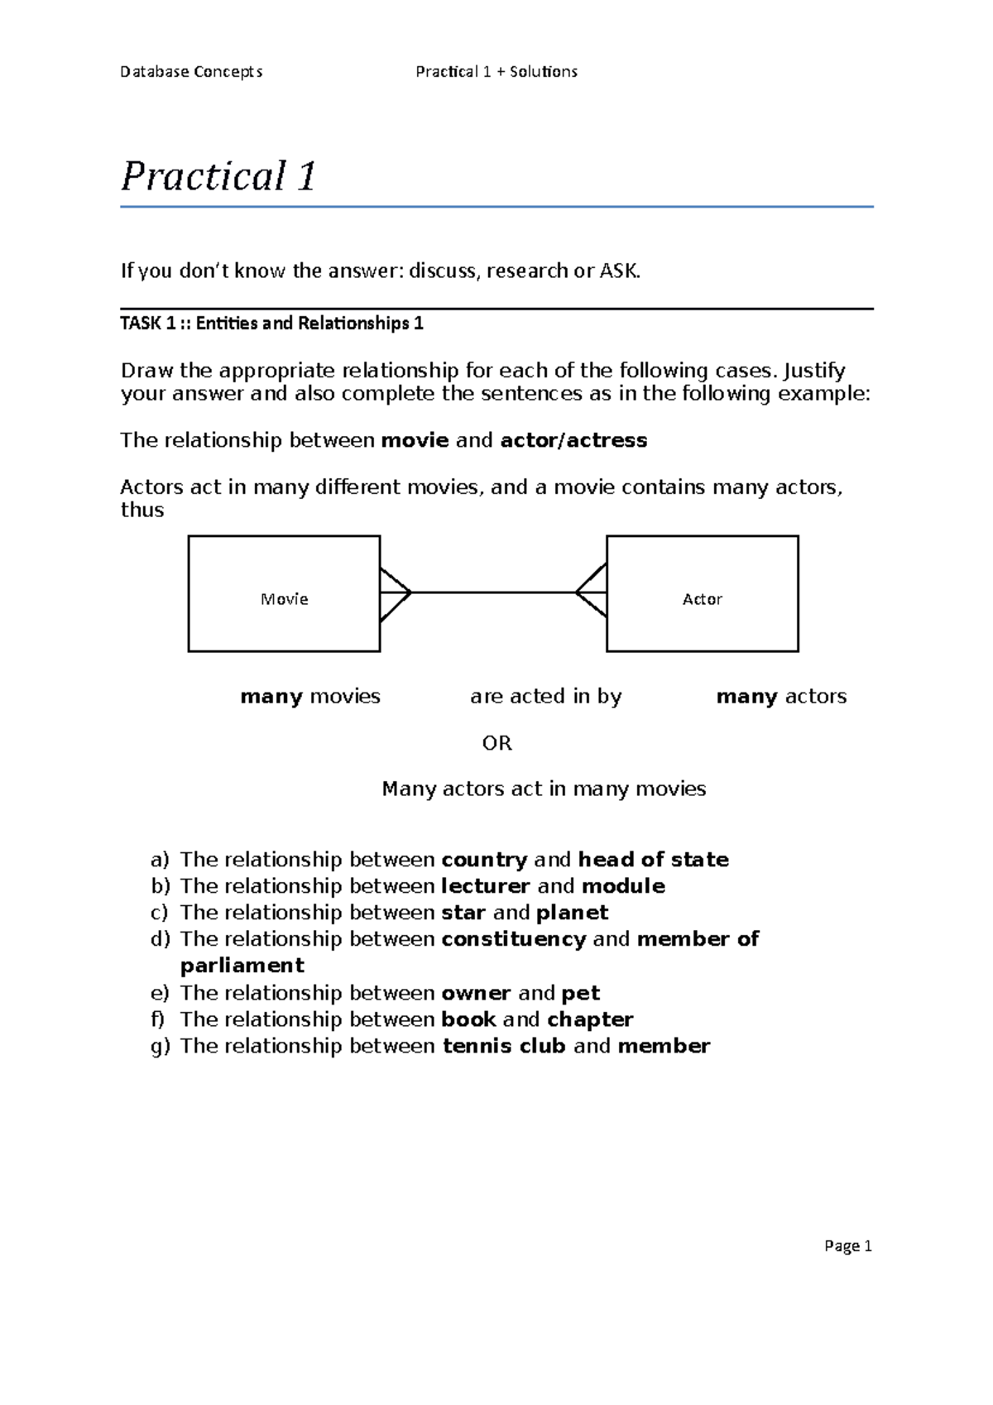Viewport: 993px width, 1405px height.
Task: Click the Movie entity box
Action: point(284,593)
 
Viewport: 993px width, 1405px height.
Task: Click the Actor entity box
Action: point(702,593)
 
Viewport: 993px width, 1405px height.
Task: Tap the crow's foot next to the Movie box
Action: point(396,593)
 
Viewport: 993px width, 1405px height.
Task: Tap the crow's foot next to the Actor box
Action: point(592,592)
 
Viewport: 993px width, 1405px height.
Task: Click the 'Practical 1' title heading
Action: point(218,176)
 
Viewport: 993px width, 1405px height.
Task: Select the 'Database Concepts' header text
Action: point(191,72)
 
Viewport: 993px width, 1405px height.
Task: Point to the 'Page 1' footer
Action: point(848,1246)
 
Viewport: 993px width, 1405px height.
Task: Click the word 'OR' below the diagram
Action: point(496,743)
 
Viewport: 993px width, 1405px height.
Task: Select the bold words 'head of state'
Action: point(653,860)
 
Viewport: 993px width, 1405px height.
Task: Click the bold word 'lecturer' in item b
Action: point(485,886)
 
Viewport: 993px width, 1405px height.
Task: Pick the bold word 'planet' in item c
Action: point(572,913)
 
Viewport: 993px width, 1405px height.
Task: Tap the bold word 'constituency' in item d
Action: point(513,939)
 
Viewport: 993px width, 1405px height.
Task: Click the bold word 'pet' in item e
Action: point(580,993)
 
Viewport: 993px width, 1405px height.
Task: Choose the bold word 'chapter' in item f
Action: point(590,1019)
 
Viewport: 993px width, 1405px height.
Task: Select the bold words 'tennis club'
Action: point(504,1046)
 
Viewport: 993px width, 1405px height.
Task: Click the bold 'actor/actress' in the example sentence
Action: point(573,440)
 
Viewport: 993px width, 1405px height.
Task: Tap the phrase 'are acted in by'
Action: point(545,697)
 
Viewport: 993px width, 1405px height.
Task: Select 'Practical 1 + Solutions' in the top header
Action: point(496,72)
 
